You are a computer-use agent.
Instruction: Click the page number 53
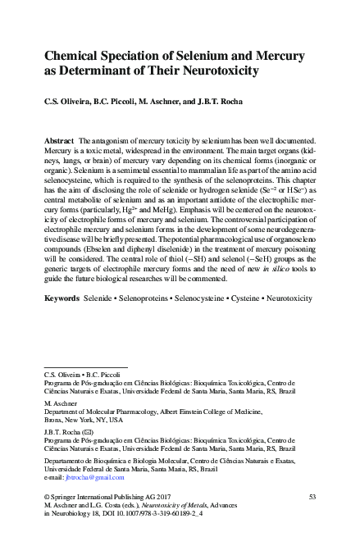point(312,497)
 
